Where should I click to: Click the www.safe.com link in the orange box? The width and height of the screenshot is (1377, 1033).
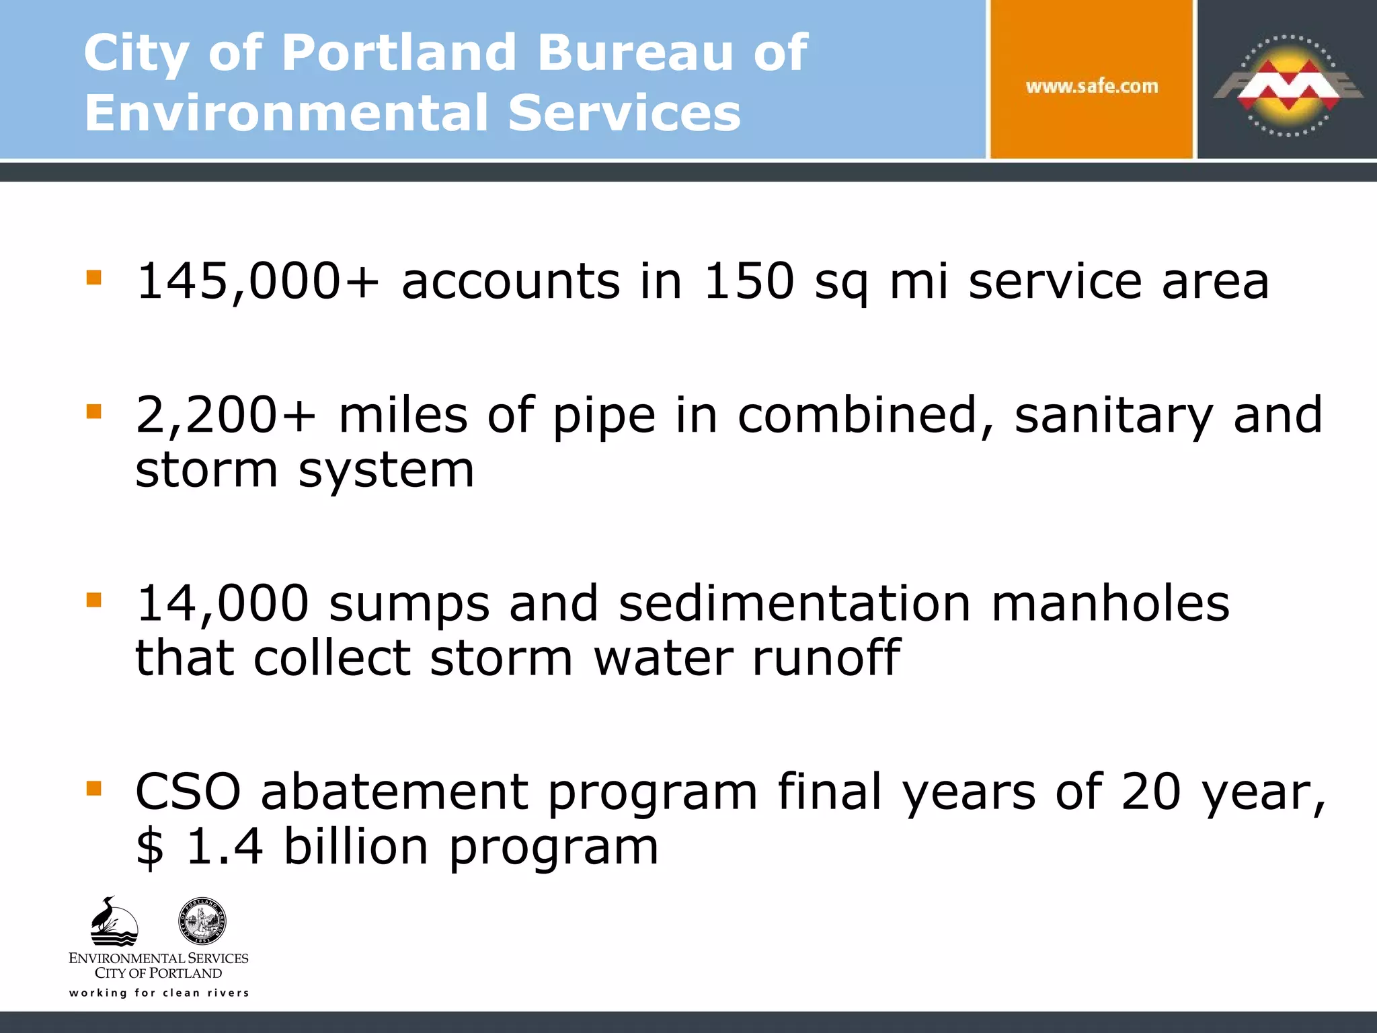pos(1092,86)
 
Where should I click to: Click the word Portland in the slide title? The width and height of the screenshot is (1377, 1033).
pos(399,52)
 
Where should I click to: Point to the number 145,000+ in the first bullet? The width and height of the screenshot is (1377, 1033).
pos(258,281)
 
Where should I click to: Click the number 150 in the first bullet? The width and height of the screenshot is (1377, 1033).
pos(748,281)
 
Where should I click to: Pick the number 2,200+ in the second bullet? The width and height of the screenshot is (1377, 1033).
pos(226,415)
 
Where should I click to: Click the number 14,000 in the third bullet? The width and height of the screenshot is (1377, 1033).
pos(222,603)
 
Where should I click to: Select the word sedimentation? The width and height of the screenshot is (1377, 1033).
pos(795,603)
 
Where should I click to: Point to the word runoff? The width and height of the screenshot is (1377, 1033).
pos(826,658)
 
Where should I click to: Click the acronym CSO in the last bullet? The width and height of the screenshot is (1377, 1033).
pos(188,792)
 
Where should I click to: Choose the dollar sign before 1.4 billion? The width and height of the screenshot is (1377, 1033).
pos(149,847)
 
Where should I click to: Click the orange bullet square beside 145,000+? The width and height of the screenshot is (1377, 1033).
pos(94,278)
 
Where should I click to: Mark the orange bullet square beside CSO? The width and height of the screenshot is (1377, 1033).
pos(94,788)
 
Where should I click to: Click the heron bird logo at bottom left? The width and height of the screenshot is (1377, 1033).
pos(113,922)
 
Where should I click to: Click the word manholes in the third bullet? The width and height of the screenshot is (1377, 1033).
pos(1110,603)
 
